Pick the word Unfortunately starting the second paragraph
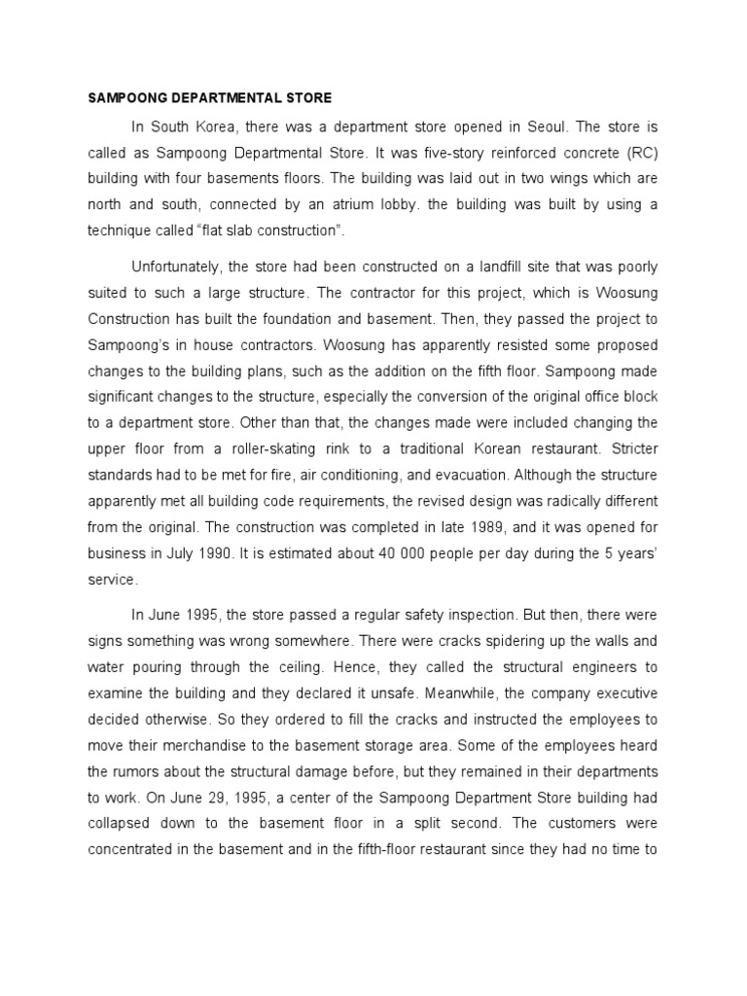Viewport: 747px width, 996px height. coord(183,266)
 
